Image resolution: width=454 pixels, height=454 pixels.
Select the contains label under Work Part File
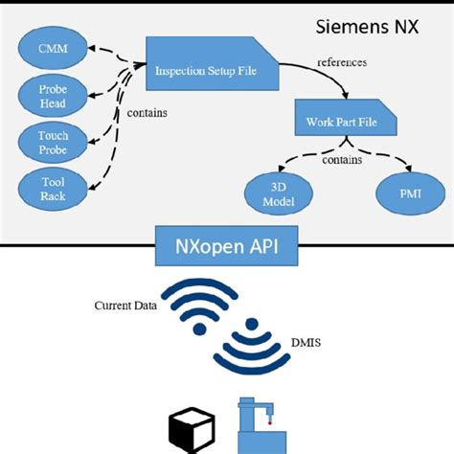341,161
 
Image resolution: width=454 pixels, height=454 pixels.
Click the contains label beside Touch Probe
147,113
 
